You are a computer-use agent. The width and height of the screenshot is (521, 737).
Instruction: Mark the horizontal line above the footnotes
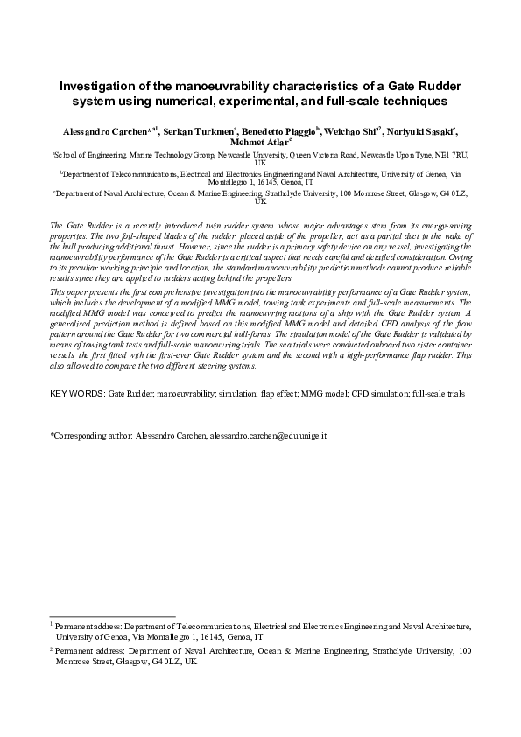[x=112, y=616]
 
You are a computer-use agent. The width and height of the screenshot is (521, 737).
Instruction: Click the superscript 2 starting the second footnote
[x=52, y=649]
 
